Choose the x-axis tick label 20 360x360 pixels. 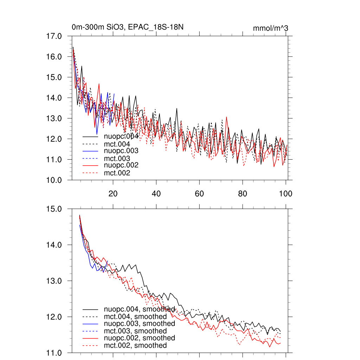pyautogui.click(x=113, y=193)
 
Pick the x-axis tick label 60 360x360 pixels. pyautogui.click(x=199, y=193)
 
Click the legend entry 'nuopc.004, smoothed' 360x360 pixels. pyautogui.click(x=139, y=310)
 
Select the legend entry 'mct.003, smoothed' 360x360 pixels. pyautogui.click(x=135, y=331)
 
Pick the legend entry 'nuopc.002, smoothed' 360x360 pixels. pyautogui.click(x=139, y=338)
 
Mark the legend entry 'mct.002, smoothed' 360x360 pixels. pyautogui.click(x=135, y=346)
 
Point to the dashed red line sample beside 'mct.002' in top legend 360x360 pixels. pyautogui.click(x=90, y=173)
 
